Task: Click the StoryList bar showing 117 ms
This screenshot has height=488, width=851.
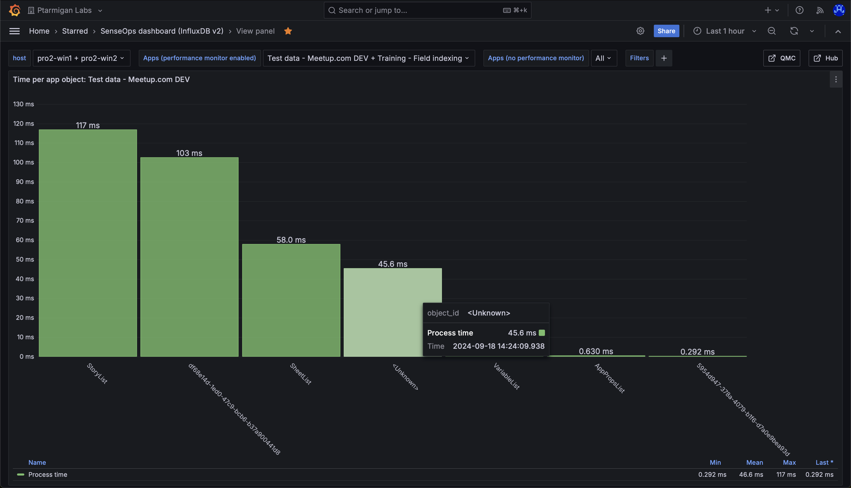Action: click(x=88, y=243)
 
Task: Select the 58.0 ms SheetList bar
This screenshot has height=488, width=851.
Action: click(x=291, y=300)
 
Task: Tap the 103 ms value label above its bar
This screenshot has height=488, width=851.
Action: click(x=189, y=153)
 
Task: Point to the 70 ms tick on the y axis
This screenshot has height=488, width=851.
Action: click(x=25, y=221)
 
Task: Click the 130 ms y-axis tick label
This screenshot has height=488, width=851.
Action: click(x=23, y=104)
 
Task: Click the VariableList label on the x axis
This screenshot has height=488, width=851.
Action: click(x=506, y=376)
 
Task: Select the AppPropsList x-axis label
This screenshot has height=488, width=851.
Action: click(x=610, y=378)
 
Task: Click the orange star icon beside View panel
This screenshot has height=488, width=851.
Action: click(x=288, y=31)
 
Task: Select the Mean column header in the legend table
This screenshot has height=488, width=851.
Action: click(x=754, y=462)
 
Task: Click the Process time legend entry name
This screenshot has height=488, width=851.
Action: click(x=48, y=475)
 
